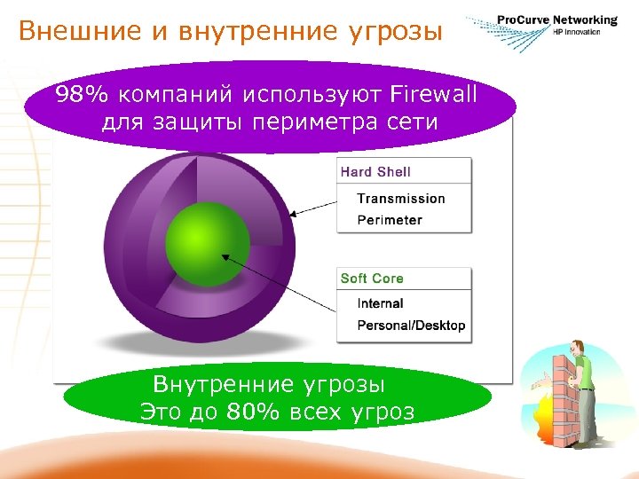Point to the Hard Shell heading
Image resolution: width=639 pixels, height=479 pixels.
(x=375, y=172)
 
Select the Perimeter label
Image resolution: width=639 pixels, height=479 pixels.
(x=389, y=220)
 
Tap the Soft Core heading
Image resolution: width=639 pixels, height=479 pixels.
(x=372, y=279)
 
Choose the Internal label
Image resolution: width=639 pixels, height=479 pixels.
(x=380, y=303)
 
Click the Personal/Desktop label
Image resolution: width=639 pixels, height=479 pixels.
(x=410, y=326)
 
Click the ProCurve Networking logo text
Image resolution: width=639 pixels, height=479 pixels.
(x=556, y=20)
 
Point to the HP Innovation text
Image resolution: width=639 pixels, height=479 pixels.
(x=576, y=32)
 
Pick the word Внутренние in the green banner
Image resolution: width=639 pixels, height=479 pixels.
(x=223, y=385)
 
